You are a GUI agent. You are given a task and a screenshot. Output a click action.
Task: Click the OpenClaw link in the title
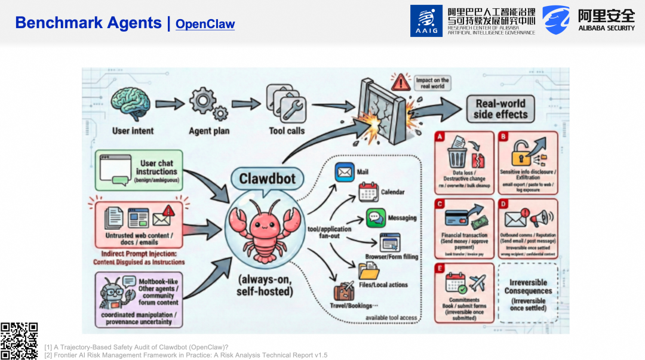pos(205,24)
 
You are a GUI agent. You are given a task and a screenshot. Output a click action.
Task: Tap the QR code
pos(19,341)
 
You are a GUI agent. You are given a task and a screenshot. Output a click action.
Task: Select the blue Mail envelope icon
pos(345,172)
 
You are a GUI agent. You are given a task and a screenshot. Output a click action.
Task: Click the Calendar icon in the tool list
pos(368,192)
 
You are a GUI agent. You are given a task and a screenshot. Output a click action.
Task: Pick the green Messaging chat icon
pos(376,218)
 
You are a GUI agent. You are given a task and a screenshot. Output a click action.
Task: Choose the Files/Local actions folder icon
pos(369,272)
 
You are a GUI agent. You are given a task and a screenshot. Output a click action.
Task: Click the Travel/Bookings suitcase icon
pos(344,292)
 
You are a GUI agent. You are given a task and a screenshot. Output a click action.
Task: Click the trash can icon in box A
pos(457,156)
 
